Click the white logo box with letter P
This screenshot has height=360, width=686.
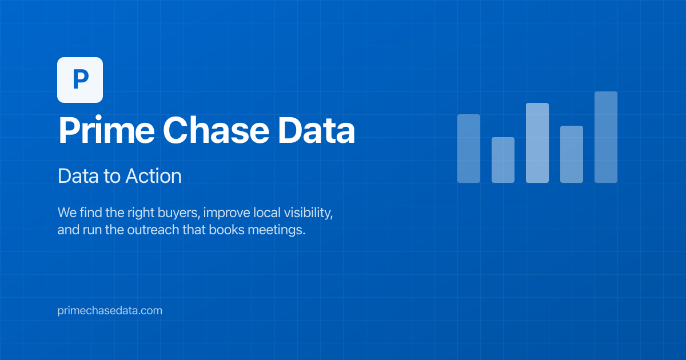tap(80, 80)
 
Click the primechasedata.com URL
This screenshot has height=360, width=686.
tap(110, 311)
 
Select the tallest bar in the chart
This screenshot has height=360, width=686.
tap(605, 137)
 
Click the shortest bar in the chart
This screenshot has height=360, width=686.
tap(502, 160)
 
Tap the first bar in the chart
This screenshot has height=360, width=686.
tap(468, 149)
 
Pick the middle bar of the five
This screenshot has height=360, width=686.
tap(537, 143)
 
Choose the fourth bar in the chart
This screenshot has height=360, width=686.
tap(571, 154)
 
